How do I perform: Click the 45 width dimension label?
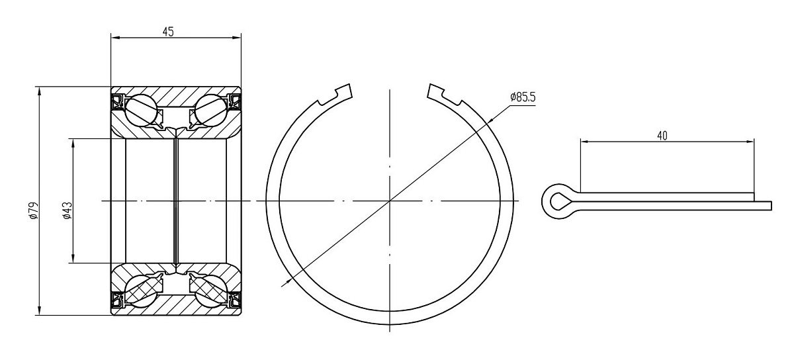coord(168,32)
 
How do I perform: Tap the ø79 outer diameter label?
coord(34,210)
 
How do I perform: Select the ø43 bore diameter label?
coord(67,210)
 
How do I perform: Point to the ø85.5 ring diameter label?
coord(523,97)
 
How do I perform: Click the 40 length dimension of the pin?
coord(662,136)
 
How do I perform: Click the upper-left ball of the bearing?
coord(141,110)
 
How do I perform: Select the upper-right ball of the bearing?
coord(210,110)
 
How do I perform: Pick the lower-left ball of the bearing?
coord(141,292)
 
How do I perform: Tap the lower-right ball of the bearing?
coord(210,292)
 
